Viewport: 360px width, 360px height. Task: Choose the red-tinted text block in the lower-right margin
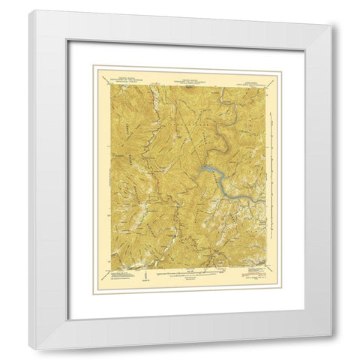click(253, 279)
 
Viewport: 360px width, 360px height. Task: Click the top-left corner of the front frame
click(30, 11)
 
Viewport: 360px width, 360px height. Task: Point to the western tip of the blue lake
click(197, 173)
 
